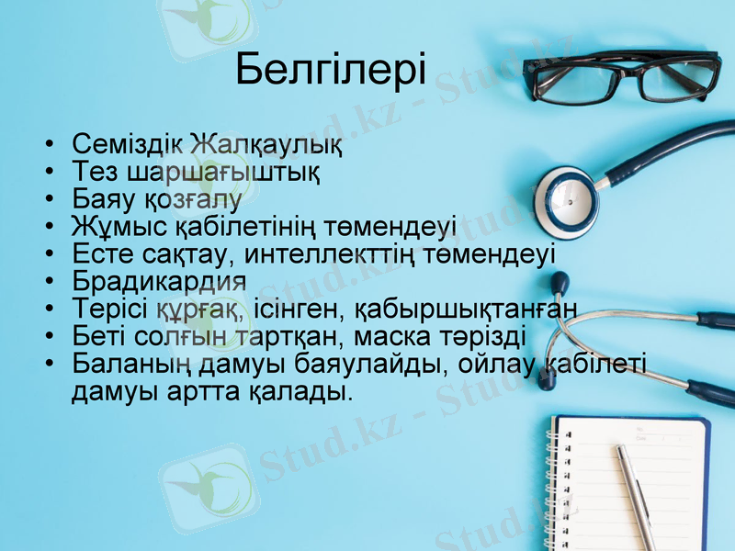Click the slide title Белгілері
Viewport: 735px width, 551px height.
click(331, 70)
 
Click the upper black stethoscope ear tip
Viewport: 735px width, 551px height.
click(559, 282)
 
